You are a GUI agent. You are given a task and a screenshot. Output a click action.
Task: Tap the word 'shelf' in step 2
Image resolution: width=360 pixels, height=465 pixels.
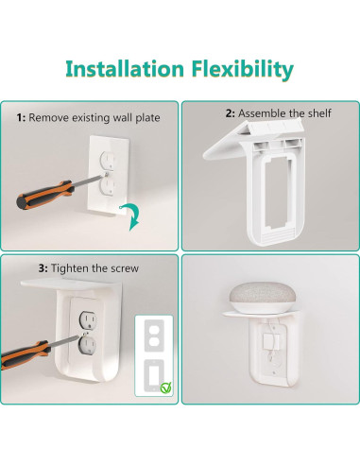tap(318, 113)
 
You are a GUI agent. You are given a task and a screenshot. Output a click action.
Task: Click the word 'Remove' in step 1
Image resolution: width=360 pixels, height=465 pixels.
tap(46, 118)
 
